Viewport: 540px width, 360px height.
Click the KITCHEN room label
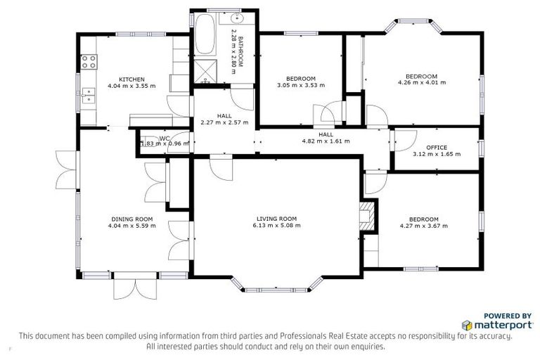point(131,79)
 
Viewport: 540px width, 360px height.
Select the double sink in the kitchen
point(88,95)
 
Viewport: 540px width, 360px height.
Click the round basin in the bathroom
point(237,19)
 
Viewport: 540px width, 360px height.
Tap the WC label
point(165,138)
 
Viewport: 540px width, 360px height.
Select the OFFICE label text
point(437,147)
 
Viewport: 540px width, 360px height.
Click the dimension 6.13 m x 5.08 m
point(276,226)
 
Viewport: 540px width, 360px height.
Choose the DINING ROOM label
point(131,219)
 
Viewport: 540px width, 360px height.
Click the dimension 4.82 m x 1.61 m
point(326,141)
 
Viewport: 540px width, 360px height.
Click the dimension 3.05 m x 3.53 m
point(300,85)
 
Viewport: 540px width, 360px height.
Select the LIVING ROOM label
point(276,218)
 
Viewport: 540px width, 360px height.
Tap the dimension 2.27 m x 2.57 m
point(224,122)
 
